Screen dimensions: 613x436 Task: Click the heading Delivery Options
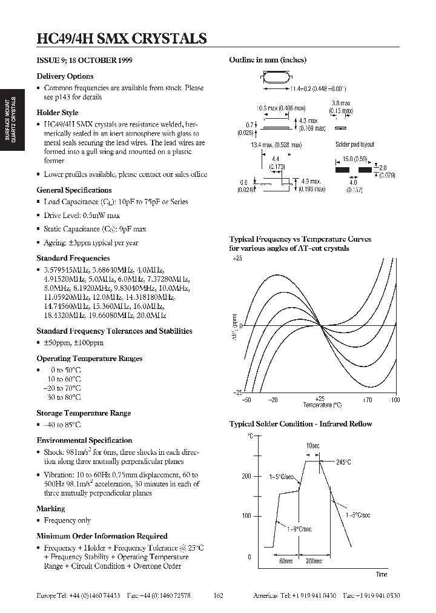coord(65,76)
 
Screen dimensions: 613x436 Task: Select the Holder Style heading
coord(58,113)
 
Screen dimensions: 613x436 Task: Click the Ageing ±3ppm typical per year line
coord(91,243)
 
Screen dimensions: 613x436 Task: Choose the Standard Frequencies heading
coord(73,259)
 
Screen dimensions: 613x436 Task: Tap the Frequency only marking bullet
coord(67,520)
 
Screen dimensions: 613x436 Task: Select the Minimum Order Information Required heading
coord(102,536)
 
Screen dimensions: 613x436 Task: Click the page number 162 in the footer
coord(219,596)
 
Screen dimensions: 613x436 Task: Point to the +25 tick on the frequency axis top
coord(237,259)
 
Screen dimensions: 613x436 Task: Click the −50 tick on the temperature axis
coord(246,400)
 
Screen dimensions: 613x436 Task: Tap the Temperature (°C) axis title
coord(323,405)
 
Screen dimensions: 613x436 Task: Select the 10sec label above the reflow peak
coord(312,446)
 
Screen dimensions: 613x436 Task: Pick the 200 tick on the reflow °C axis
coord(246,476)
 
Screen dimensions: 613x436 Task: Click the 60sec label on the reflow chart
coord(286,562)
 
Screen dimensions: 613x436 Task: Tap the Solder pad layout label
coord(355,145)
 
